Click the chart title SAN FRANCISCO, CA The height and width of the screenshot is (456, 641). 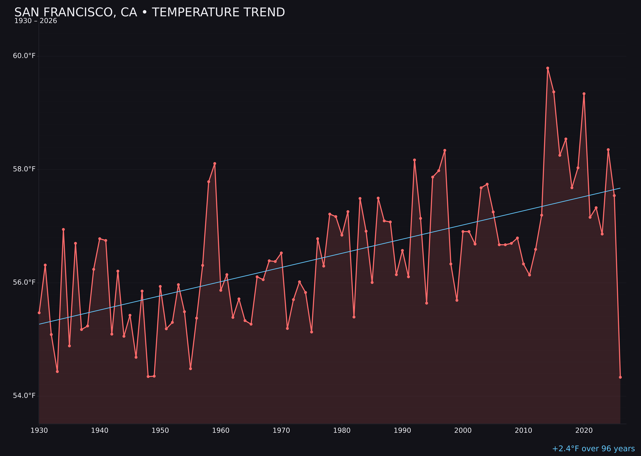coord(149,12)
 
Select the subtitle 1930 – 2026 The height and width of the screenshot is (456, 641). coord(36,21)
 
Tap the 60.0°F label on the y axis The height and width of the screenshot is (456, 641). coord(24,56)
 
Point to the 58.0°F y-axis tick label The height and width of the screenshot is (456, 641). coord(24,169)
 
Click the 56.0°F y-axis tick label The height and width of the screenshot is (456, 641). coord(24,282)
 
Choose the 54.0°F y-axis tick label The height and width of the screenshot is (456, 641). coord(24,396)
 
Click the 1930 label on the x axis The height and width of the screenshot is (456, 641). coord(39,431)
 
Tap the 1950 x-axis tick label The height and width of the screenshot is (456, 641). coord(160,431)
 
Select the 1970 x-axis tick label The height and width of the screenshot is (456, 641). coord(281,431)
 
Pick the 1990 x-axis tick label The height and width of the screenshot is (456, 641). coord(402,431)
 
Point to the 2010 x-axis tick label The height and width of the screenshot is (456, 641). coord(523,431)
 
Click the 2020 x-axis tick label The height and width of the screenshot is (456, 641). coord(584,431)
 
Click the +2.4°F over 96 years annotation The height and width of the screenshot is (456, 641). coord(593,449)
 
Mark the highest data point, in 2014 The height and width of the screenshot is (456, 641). coord(548,68)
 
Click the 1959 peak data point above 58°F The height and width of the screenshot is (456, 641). coord(215,163)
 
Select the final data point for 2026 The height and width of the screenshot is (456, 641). coord(620,377)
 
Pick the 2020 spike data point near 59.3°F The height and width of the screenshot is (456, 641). coord(584,94)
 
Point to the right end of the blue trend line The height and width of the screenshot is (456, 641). coord(620,188)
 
